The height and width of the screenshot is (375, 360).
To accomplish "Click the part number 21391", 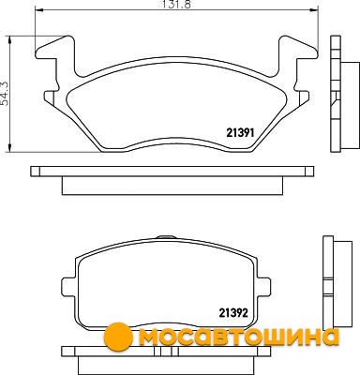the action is [240, 133].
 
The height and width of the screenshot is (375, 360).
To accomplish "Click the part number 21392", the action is [233, 312].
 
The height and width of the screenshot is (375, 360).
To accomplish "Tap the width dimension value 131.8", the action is [176, 4].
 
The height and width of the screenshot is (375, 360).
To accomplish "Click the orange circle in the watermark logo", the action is [118, 337].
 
